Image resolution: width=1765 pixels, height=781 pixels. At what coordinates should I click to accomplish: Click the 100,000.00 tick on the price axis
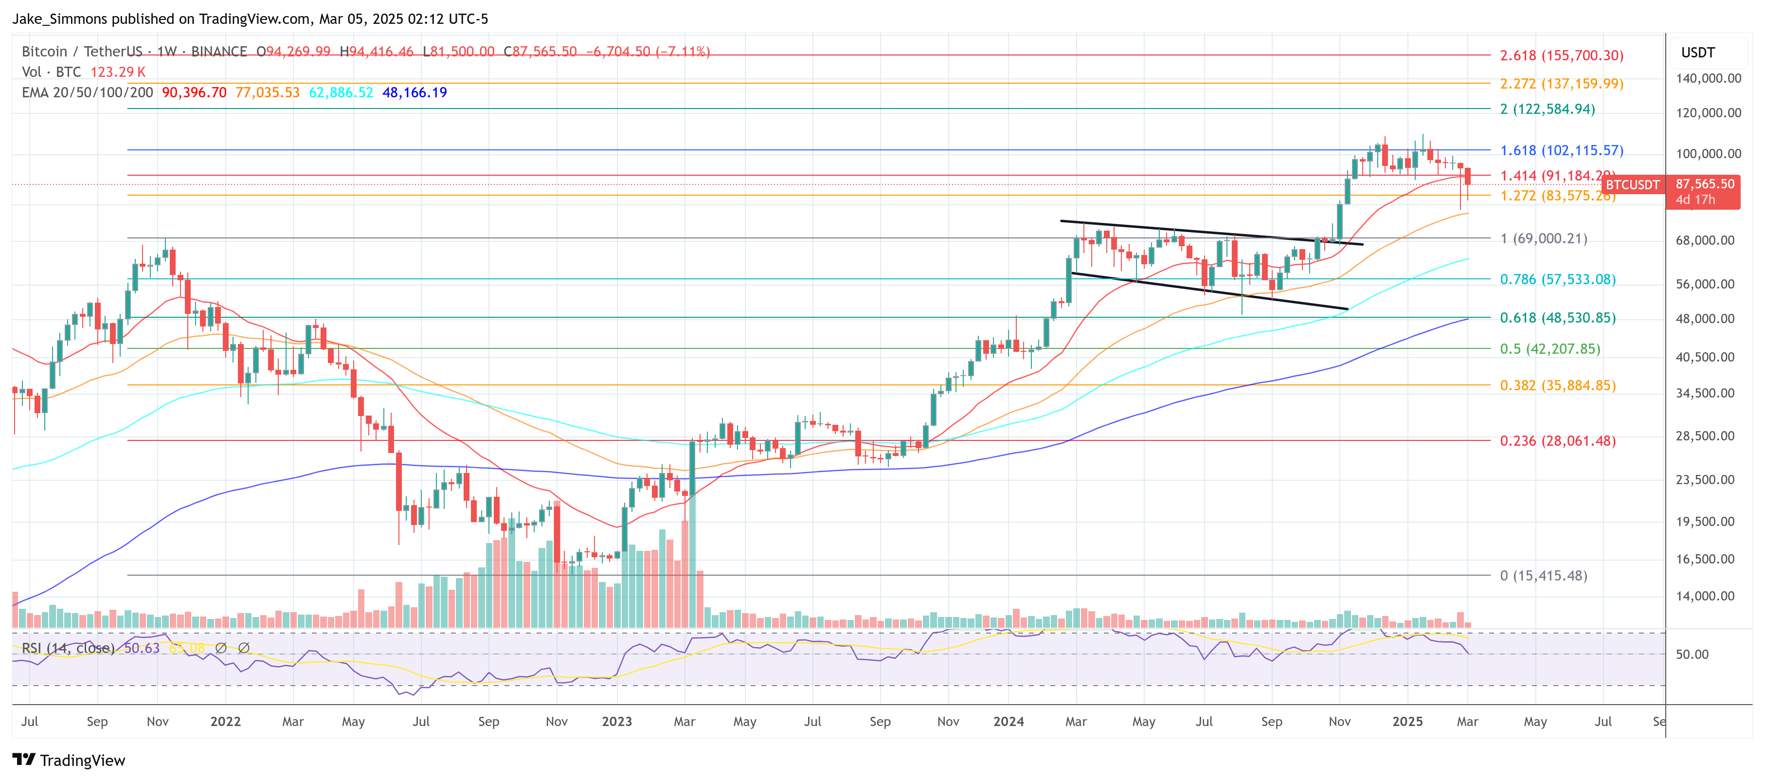[1708, 153]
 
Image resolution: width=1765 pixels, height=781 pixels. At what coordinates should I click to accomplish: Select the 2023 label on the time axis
[617, 722]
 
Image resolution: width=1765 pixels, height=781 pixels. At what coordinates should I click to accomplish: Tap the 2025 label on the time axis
[1407, 722]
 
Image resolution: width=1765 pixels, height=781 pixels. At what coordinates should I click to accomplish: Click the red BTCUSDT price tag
[1633, 185]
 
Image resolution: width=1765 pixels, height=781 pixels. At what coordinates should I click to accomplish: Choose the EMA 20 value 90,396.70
[194, 92]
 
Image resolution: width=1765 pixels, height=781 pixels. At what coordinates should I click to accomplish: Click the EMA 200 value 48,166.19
[414, 92]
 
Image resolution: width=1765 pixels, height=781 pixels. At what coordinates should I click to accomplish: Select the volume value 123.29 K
[118, 72]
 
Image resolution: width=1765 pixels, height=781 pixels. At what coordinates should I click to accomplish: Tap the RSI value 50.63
[141, 648]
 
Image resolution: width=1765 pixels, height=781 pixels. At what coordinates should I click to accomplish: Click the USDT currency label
[1698, 53]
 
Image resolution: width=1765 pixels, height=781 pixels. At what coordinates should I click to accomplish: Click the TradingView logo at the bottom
[69, 761]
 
